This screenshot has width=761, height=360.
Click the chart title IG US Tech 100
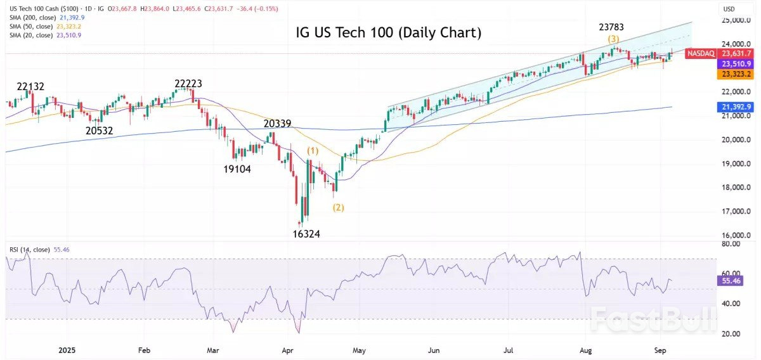coord(388,33)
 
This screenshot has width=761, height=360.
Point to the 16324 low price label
coord(306,234)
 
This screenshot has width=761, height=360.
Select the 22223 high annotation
coord(193,84)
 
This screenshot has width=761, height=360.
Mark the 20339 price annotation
coord(278,123)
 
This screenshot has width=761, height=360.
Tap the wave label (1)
coord(313,151)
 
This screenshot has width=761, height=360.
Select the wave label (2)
coord(339,207)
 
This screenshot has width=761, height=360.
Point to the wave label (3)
coord(613,39)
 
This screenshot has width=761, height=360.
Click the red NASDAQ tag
coord(701,53)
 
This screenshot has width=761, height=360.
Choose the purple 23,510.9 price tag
coord(734,64)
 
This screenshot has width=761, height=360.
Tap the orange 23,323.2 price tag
coord(734,74)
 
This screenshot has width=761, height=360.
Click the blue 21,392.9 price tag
coord(734,107)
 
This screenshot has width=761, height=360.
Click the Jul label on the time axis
coord(508,349)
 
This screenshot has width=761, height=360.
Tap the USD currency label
coord(730,9)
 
